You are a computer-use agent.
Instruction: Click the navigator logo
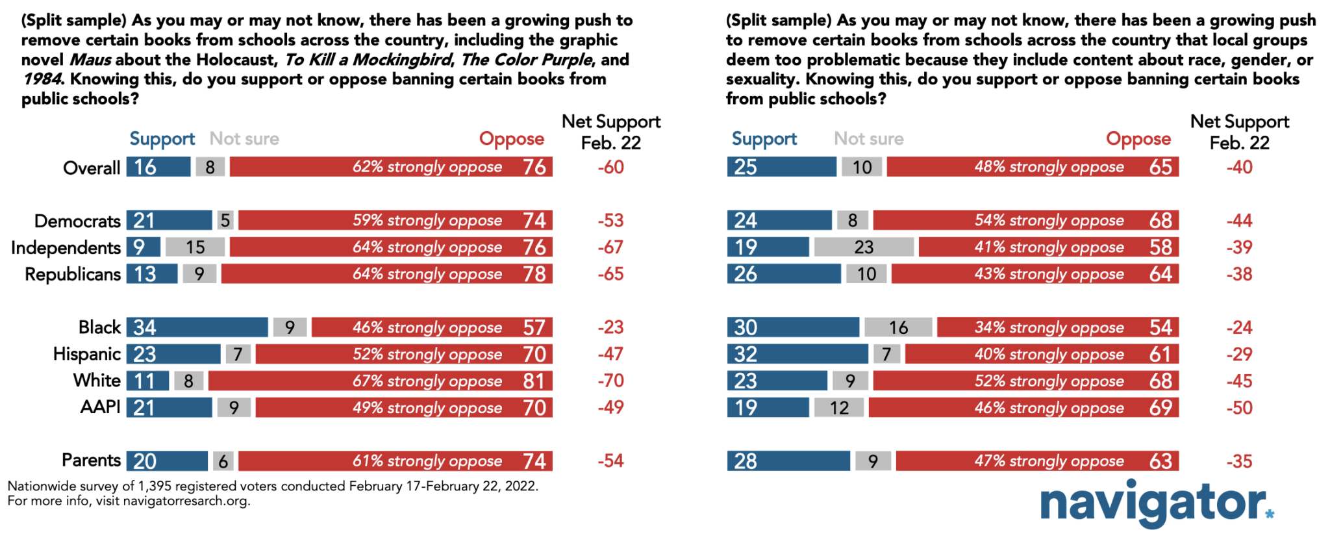pyautogui.click(x=1156, y=503)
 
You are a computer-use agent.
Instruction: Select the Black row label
pyautogui.click(x=99, y=327)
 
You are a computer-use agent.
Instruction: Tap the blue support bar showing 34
pyautogui.click(x=197, y=327)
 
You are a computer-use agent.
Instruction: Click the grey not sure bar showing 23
pyautogui.click(x=864, y=247)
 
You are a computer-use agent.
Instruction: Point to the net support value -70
pyautogui.click(x=610, y=381)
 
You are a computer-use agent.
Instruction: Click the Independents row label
pyautogui.click(x=66, y=247)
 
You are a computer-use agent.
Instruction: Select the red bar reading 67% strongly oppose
pyautogui.click(x=380, y=381)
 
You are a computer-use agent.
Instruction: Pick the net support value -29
pyautogui.click(x=1239, y=355)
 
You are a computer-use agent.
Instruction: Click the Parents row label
pyautogui.click(x=91, y=461)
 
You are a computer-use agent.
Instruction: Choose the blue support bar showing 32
pyautogui.click(x=797, y=354)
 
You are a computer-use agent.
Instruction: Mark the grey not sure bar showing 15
pyautogui.click(x=195, y=247)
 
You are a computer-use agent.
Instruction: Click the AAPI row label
pyautogui.click(x=100, y=407)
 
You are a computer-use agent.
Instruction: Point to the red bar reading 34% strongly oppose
pyautogui.click(x=1057, y=327)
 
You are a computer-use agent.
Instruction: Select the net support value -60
pyautogui.click(x=610, y=167)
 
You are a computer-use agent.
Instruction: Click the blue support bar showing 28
pyautogui.click(x=788, y=461)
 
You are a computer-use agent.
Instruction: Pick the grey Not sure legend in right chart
pyautogui.click(x=868, y=138)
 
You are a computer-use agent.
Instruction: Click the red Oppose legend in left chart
pyautogui.click(x=511, y=138)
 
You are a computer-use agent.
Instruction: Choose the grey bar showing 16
pyautogui.click(x=898, y=327)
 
